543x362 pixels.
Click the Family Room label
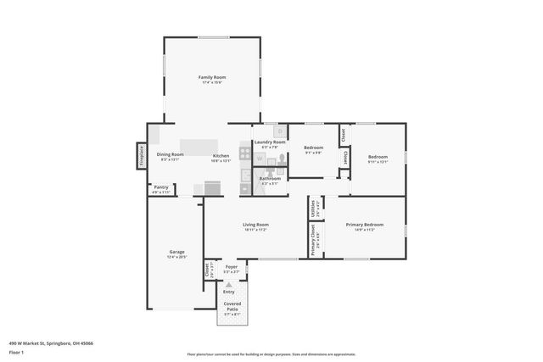click(212, 79)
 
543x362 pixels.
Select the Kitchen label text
click(221, 157)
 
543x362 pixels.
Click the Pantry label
click(161, 189)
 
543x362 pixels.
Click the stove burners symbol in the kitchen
click(244, 154)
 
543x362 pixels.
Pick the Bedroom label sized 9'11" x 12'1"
click(378, 159)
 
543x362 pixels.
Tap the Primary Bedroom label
click(365, 226)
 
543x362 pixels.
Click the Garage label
click(176, 253)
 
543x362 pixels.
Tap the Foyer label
click(231, 269)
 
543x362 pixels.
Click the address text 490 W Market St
click(51, 343)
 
